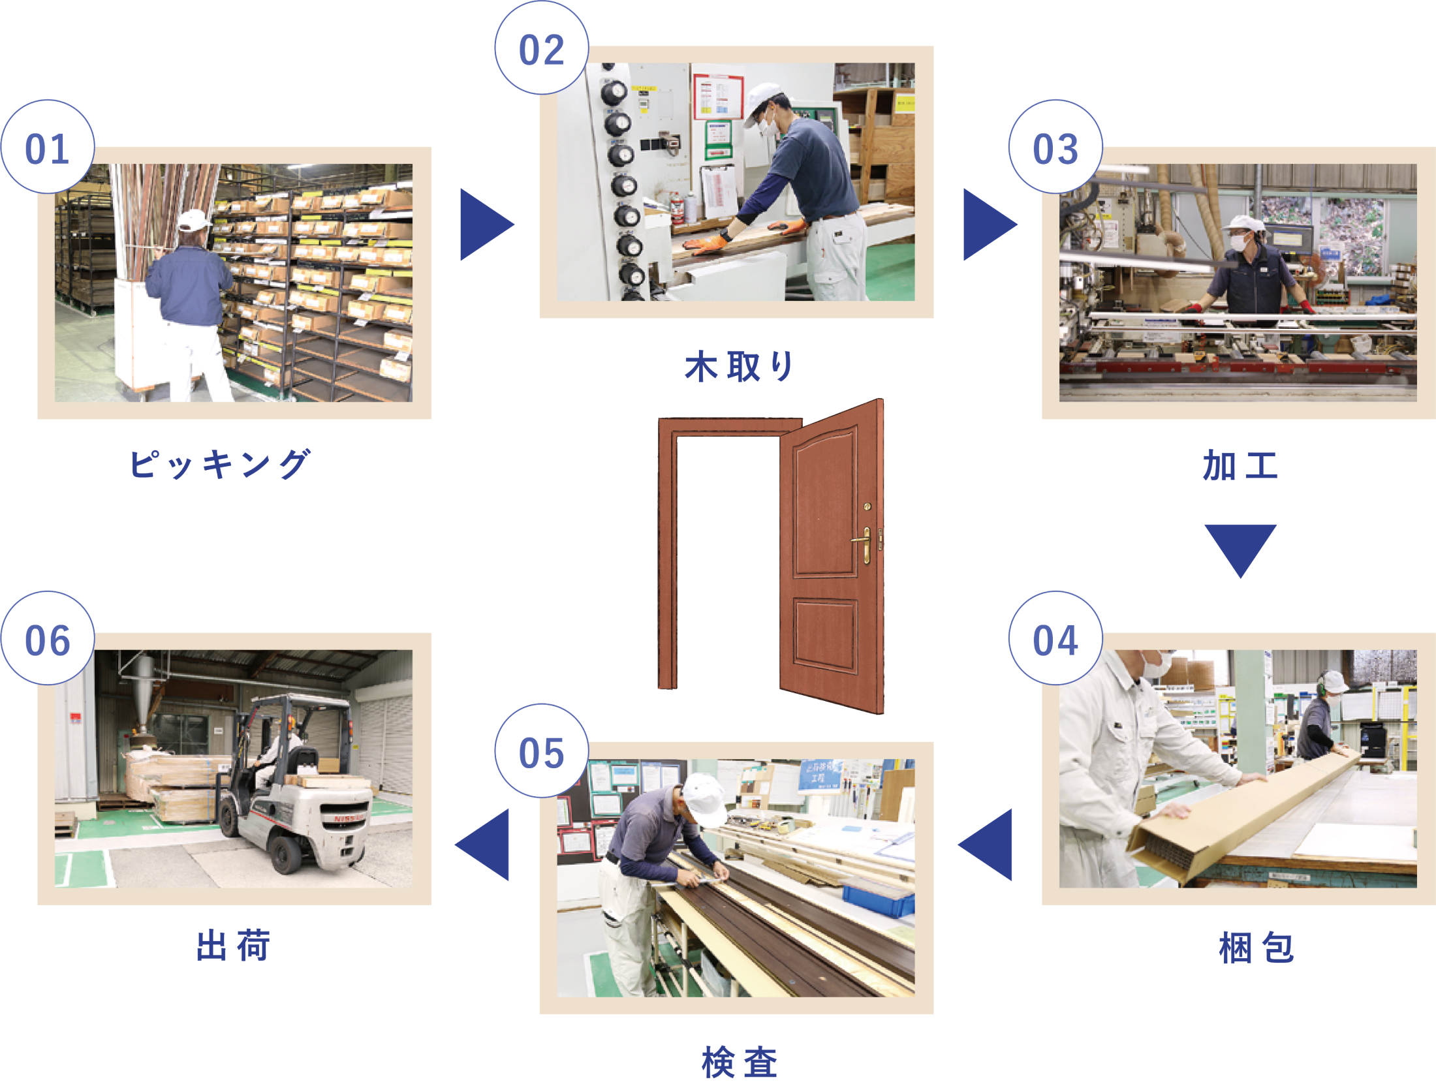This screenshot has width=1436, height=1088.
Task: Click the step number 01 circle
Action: coord(48,147)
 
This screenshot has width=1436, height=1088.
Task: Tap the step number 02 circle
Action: coord(542,48)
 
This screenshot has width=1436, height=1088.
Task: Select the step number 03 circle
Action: coord(1055,147)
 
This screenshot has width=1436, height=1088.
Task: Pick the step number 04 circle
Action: coord(1055,638)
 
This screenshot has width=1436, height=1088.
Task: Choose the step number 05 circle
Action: coord(542,751)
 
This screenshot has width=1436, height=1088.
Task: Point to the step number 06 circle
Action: coord(48,638)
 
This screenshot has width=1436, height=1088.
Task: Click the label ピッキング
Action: coord(220,464)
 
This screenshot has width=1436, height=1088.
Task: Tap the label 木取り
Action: coord(738,366)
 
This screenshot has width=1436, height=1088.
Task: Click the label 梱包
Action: coord(1256,948)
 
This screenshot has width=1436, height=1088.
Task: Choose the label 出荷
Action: coord(233,945)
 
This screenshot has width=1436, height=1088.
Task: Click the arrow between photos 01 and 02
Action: coord(487,225)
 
